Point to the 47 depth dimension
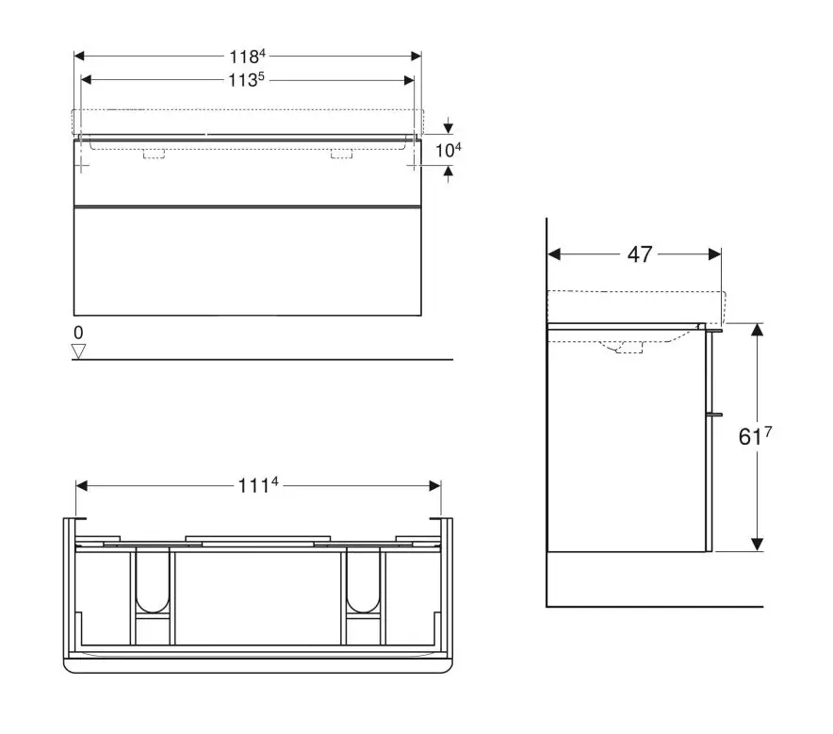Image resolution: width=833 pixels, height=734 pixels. [640, 254]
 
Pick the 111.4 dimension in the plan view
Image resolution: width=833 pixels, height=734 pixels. [258, 486]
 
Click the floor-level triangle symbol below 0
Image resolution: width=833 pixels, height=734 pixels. [79, 351]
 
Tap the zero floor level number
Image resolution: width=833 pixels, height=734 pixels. [78, 333]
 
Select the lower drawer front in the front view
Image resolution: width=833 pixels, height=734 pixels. [247, 260]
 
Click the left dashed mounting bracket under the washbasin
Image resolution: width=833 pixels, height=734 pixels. [154, 154]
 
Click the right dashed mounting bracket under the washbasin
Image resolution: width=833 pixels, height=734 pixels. [341, 154]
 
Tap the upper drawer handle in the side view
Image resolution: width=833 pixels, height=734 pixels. [714, 331]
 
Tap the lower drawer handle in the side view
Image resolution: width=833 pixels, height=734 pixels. [714, 414]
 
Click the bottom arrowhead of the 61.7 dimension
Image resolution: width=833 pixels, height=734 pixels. [756, 544]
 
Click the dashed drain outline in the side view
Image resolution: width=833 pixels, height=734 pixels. [628, 349]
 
